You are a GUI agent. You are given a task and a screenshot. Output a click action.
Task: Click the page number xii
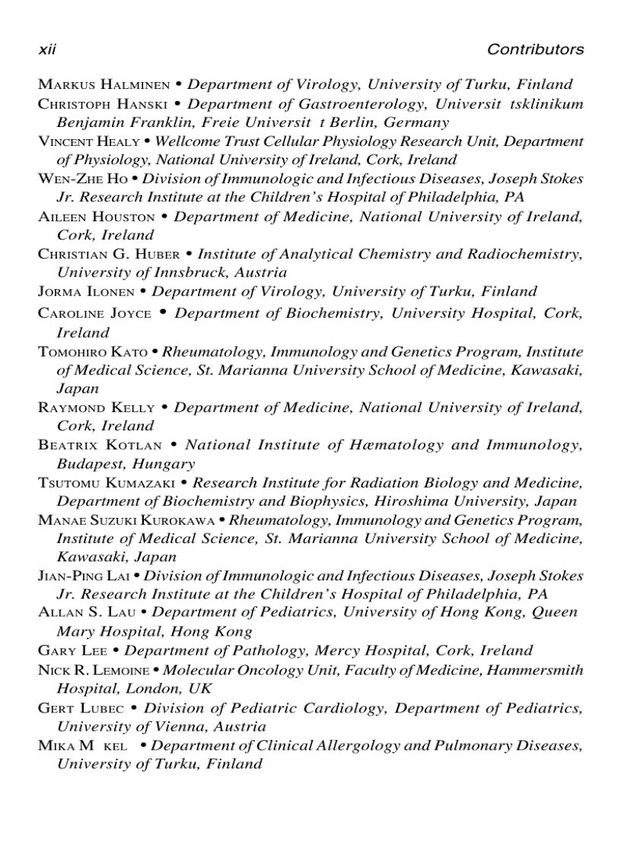point(47,49)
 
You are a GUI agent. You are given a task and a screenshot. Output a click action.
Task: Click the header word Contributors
point(535,49)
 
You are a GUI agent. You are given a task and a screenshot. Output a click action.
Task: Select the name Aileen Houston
point(97,217)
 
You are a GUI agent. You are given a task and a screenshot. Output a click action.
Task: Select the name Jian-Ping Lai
point(85,576)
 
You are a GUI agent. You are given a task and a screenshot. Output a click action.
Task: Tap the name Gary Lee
point(72,651)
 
